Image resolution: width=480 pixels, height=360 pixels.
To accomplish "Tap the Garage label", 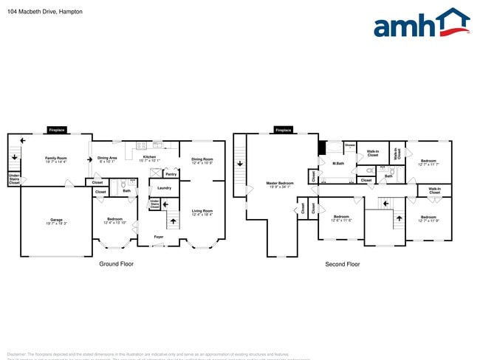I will (x=56, y=220).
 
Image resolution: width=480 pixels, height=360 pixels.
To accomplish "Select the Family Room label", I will (x=56, y=158).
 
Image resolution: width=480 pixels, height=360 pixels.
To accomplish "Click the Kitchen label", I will (x=149, y=157).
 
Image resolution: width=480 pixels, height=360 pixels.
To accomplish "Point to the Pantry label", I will (x=171, y=174).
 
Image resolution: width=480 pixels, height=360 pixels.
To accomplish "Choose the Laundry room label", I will (x=164, y=188).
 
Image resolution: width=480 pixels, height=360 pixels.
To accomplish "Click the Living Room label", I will (x=202, y=211).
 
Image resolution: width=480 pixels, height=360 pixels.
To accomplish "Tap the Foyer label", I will (x=159, y=237).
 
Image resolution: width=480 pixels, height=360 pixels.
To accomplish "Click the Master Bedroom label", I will (x=279, y=183).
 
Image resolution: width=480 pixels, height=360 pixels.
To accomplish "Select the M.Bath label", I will (x=338, y=163).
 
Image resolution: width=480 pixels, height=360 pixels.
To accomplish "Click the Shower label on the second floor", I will (x=350, y=145).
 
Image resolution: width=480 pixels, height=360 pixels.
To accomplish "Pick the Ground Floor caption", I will (x=117, y=263).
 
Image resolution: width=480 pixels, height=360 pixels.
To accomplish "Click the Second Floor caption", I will (x=343, y=263).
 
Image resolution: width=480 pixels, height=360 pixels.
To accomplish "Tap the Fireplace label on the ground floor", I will (x=57, y=131).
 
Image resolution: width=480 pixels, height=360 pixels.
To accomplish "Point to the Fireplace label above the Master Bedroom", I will (x=283, y=131).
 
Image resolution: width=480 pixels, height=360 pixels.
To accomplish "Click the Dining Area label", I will (x=107, y=158).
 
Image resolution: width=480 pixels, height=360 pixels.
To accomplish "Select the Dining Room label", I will (x=202, y=159).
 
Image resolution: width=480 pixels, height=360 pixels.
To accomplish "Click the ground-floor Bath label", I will (x=126, y=191).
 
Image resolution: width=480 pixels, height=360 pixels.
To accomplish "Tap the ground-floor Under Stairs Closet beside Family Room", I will (x=14, y=179).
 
